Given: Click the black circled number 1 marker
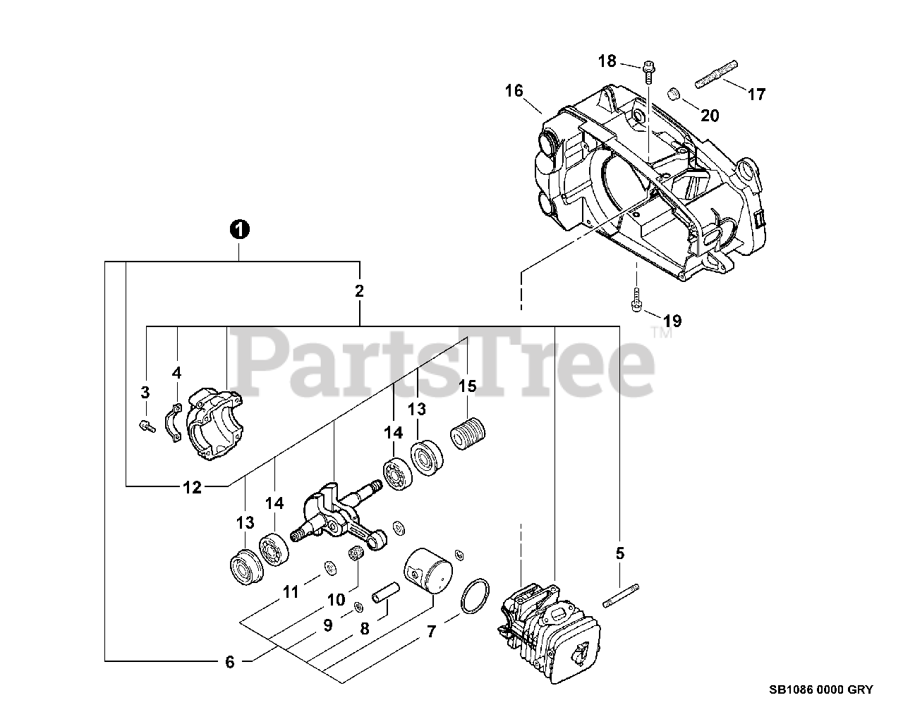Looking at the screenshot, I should pos(240,229).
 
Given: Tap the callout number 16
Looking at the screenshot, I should pos(514,91).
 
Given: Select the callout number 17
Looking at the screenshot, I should pos(756,94).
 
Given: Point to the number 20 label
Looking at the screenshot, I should pos(710,116).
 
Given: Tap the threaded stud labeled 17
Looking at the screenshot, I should pos(716,73).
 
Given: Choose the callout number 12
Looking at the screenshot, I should pos(192,486).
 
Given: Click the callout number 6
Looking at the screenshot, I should pos(229,662).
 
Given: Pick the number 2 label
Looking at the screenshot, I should pos(359,290).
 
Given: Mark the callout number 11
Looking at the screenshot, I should pos(291,593).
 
